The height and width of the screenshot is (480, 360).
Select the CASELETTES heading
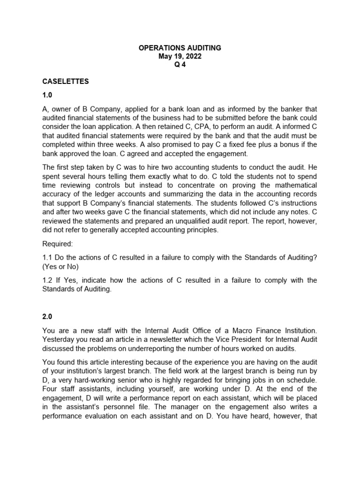coord(66,81)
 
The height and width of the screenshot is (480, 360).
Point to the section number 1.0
coord(47,95)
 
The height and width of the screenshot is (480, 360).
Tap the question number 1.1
coord(47,258)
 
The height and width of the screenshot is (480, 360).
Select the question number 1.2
coord(47,280)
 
